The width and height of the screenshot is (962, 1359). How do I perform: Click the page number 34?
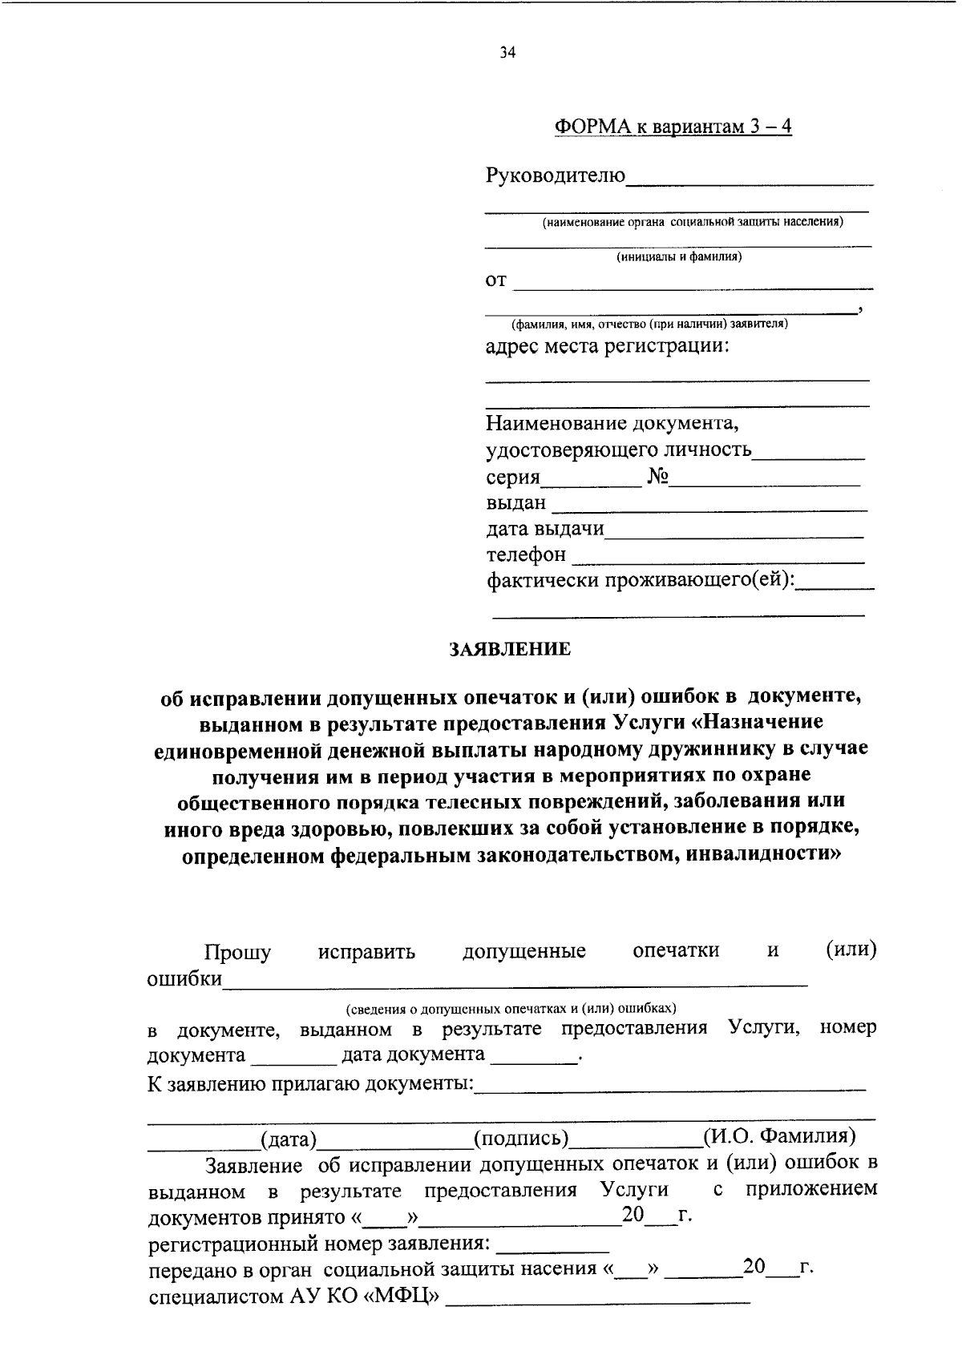tap(507, 53)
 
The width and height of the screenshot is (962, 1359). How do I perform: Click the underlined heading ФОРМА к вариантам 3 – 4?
tap(673, 127)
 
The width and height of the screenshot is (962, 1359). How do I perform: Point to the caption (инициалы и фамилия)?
tap(678, 257)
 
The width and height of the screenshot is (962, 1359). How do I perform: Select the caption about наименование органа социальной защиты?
tap(692, 222)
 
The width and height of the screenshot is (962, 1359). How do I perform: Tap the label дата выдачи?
tap(545, 529)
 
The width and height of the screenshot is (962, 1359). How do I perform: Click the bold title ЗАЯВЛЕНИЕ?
tap(509, 649)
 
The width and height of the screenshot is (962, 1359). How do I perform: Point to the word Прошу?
tap(237, 952)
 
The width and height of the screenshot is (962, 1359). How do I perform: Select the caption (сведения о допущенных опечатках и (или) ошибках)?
tap(511, 1007)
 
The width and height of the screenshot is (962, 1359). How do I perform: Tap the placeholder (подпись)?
tap(521, 1138)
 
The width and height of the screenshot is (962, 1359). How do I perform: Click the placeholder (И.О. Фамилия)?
tap(778, 1136)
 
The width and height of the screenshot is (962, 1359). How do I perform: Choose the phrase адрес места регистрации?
tap(608, 347)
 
